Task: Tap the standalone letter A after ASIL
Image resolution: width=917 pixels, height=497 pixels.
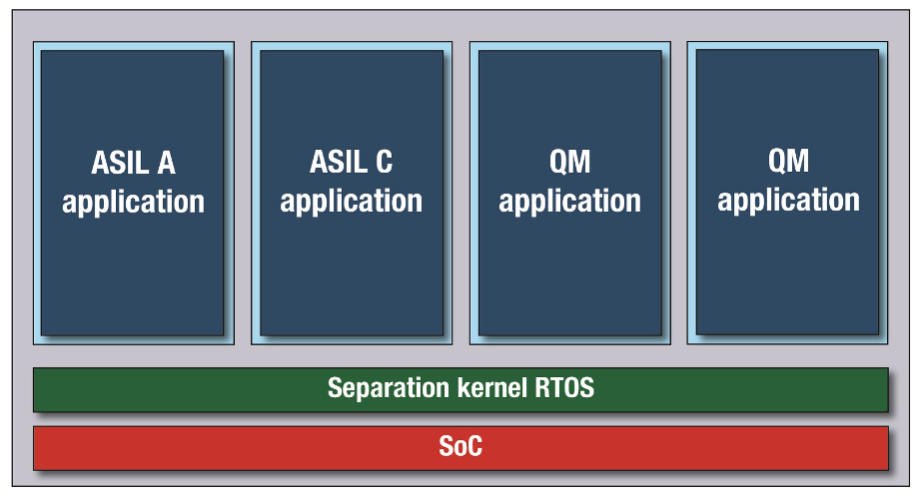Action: point(166,163)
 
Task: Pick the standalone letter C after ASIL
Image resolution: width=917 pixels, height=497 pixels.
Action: point(385,162)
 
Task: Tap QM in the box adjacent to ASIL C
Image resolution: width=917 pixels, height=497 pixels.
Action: point(569,162)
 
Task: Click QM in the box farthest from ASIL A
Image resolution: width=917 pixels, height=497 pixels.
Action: point(788,161)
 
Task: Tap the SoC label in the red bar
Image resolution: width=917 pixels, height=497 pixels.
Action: point(460,447)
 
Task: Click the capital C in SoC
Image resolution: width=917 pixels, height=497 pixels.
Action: point(474,447)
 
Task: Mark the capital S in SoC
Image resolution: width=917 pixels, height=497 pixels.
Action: point(447,447)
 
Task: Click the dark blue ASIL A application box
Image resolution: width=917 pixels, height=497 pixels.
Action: point(133,193)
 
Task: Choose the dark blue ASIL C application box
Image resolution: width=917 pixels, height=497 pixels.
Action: point(352,193)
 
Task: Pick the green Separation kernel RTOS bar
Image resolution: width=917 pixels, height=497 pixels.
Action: point(460,390)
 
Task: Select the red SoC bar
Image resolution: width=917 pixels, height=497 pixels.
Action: point(460,448)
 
